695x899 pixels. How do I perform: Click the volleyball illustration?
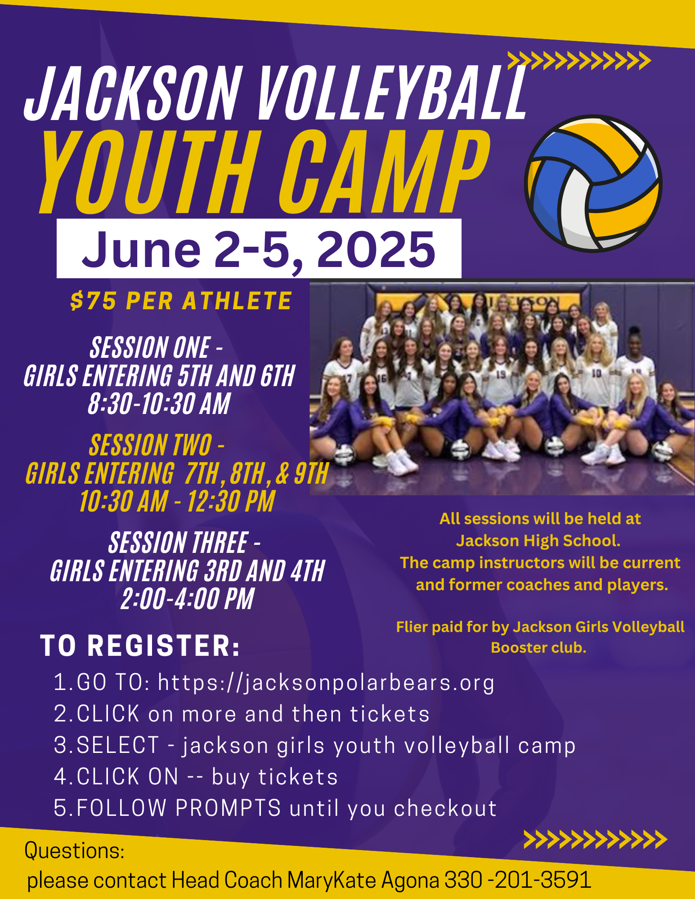593,183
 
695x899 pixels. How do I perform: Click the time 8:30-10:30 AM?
159,403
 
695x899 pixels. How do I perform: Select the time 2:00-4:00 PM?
188,599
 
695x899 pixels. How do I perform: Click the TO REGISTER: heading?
140,645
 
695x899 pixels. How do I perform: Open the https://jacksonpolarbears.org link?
326,682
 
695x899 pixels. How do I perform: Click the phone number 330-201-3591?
518,880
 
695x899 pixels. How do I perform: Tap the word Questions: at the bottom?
75,850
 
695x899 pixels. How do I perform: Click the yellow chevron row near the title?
579,61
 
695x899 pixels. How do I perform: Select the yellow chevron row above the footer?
596,840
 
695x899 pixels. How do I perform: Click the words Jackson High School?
538,540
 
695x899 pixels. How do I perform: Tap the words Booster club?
538,647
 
